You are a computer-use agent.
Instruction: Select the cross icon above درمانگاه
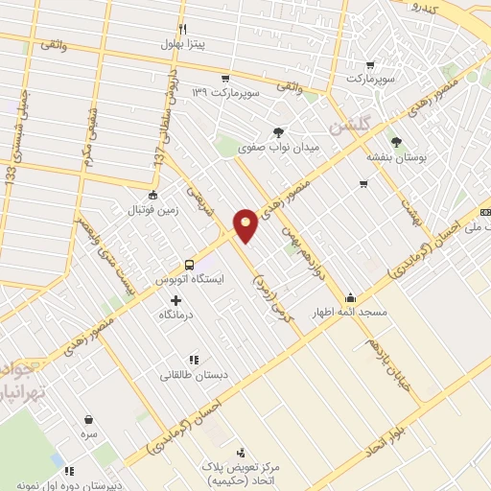coord(175,300)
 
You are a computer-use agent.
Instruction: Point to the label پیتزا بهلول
coord(181,45)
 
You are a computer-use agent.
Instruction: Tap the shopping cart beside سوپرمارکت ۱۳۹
coord(224,79)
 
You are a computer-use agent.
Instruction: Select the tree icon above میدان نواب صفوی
coord(278,132)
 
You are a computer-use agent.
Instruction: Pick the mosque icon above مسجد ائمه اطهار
coord(349,296)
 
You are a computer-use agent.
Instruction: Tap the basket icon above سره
coord(89,419)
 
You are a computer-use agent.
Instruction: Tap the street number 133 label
coord(12,175)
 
